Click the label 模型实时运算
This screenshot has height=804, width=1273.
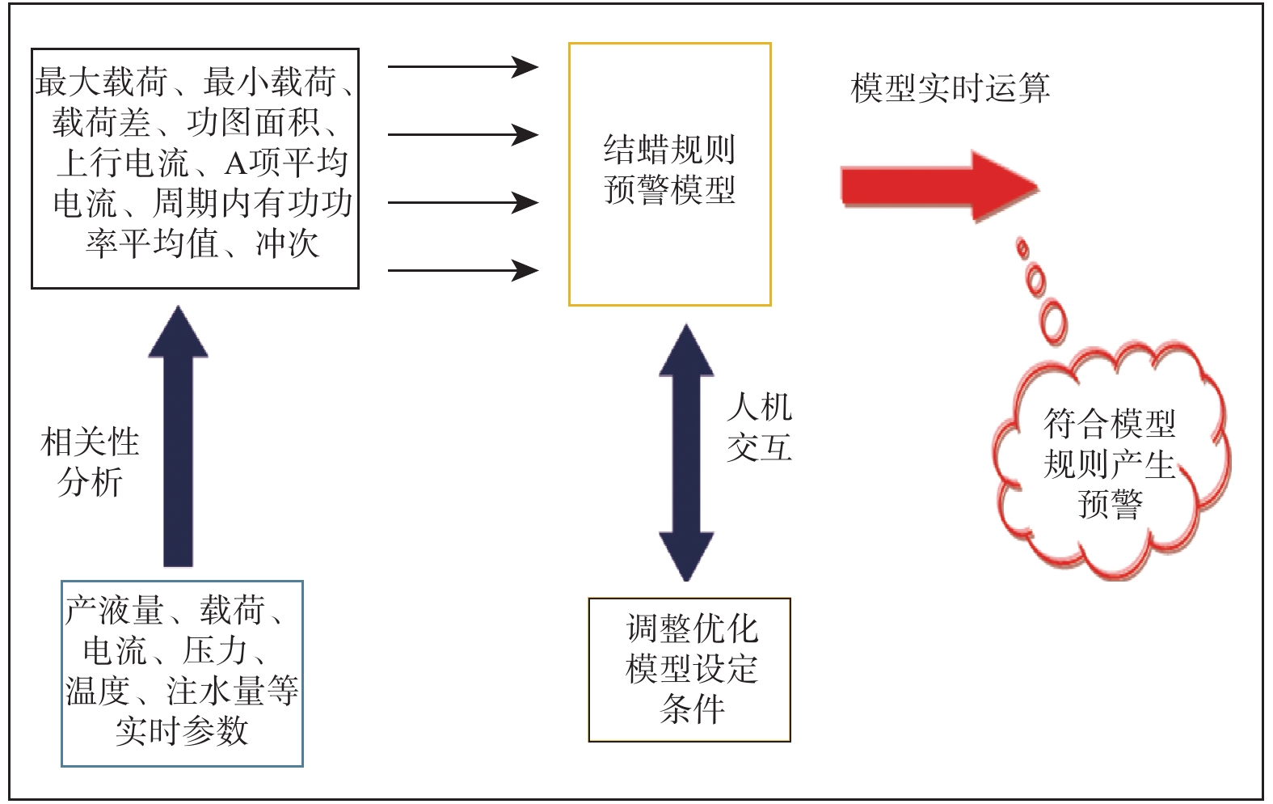pos(950,88)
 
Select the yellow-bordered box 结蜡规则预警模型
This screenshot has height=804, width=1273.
pos(669,173)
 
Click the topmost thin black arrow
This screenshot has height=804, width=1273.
pos(462,66)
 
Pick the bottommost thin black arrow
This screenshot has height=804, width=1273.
pos(462,270)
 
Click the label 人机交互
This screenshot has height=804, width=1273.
pos(759,427)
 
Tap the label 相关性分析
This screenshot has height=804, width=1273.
pos(90,462)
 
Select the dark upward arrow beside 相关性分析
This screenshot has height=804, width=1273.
pos(179,437)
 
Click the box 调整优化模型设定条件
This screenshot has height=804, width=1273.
pos(689,669)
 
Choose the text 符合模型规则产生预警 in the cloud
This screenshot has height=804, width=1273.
pos(1110,463)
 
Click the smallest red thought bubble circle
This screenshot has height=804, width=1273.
pos(1022,248)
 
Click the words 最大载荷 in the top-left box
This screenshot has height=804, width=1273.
pos(102,83)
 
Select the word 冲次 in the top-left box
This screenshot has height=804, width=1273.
pos(288,244)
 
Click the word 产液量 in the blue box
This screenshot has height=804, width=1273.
pos(114,611)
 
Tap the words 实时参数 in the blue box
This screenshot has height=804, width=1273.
pos(182,731)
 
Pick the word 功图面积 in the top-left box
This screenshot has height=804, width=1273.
pos(254,123)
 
